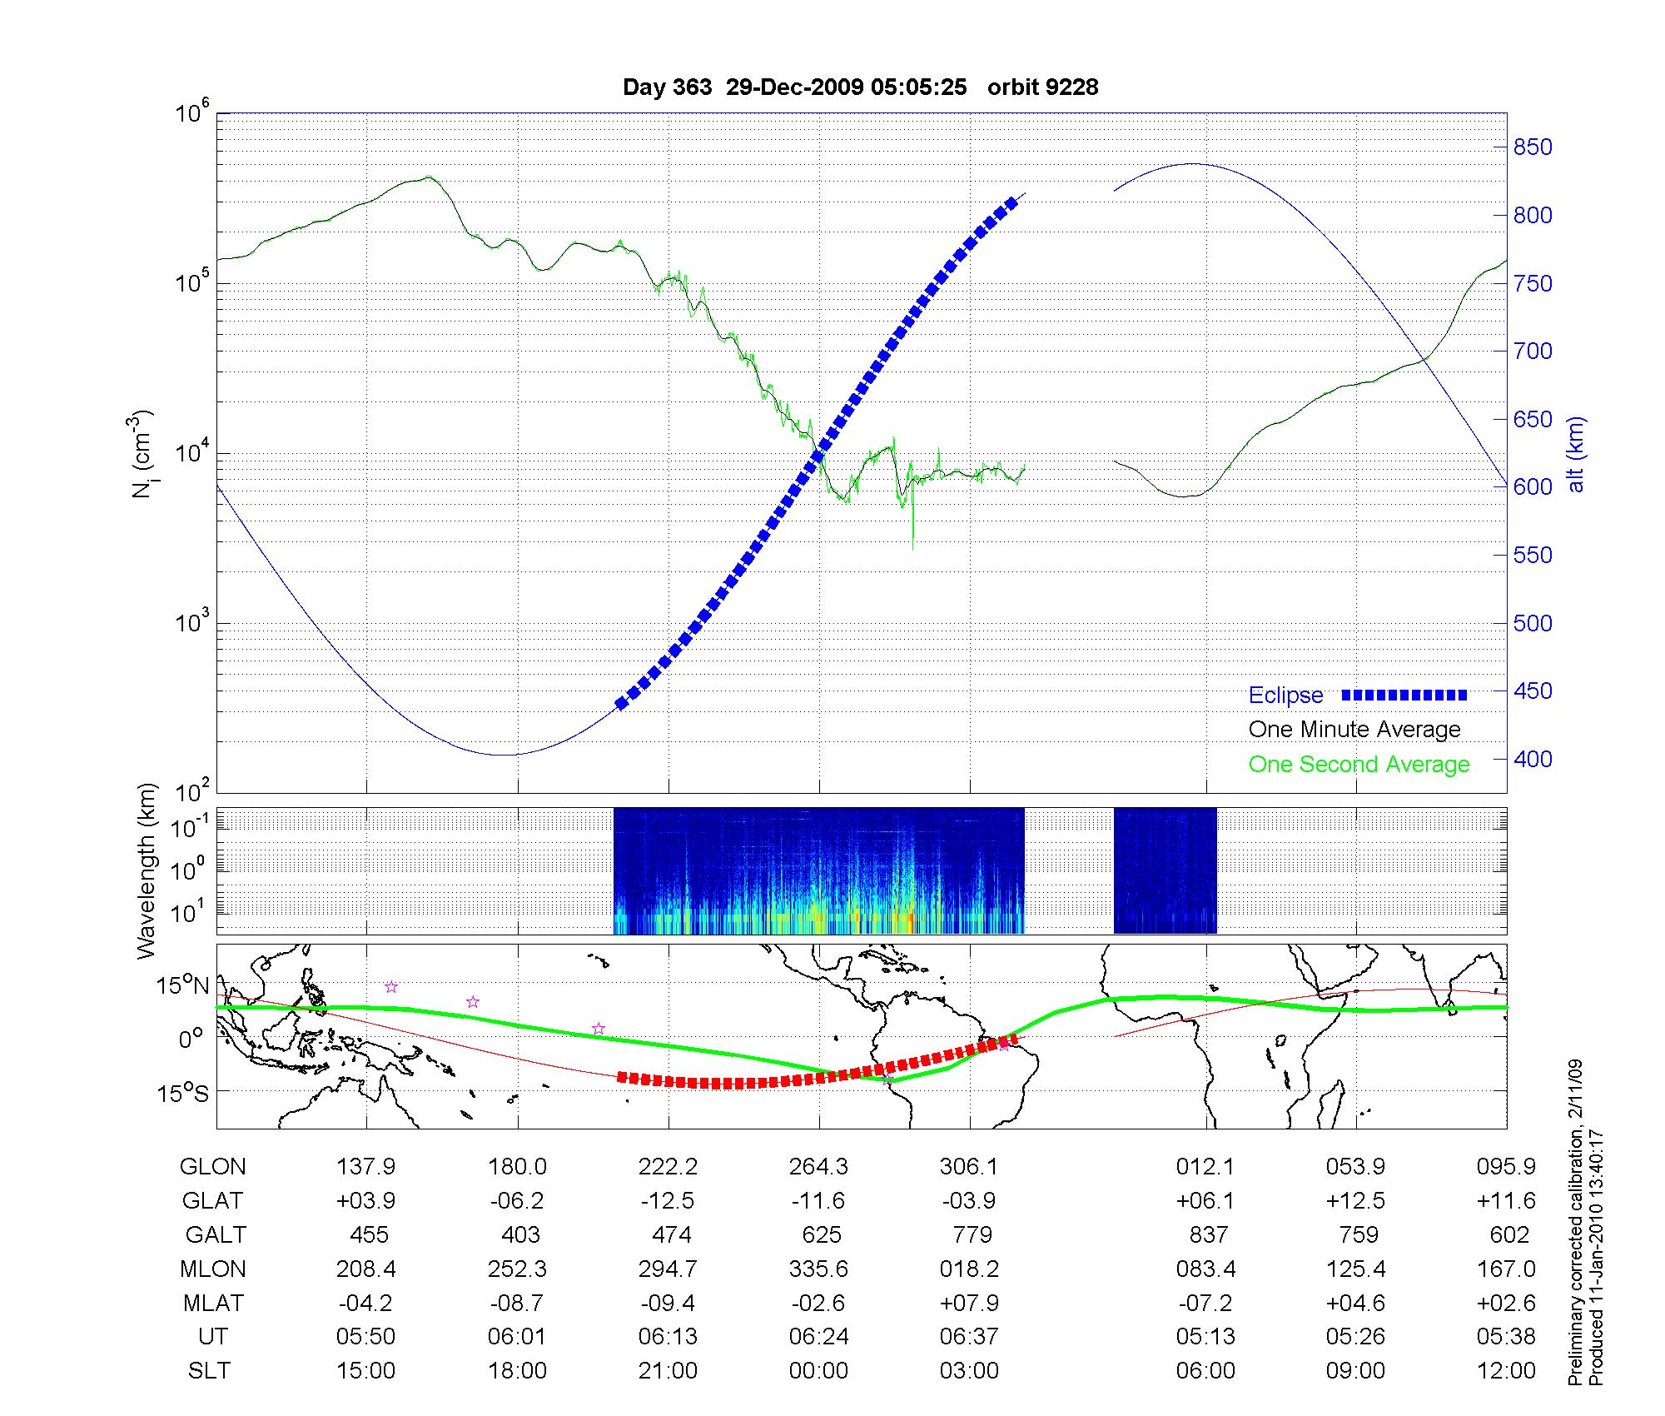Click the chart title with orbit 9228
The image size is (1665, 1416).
[x=860, y=87]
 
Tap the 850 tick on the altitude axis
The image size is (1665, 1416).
[x=1533, y=147]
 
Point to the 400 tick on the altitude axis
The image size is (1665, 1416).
[x=1533, y=759]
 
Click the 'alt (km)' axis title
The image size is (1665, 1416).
[x=1576, y=454]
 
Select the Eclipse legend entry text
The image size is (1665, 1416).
[x=1285, y=696]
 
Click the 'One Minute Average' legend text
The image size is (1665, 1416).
[x=1354, y=730]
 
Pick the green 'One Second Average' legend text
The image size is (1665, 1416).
[x=1359, y=765]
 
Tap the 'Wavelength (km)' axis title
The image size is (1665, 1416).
[x=147, y=870]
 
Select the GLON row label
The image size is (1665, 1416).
[x=213, y=1167]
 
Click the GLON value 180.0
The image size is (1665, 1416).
[x=516, y=1167]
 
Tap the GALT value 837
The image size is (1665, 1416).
[x=1208, y=1234]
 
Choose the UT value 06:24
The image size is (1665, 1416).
[x=819, y=1337]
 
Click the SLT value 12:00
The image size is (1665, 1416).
[x=1506, y=1371]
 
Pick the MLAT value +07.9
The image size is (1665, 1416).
[x=969, y=1303]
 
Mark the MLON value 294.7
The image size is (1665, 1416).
[x=668, y=1269]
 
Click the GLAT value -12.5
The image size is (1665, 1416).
[x=668, y=1201]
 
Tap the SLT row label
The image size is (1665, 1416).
[x=209, y=1371]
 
